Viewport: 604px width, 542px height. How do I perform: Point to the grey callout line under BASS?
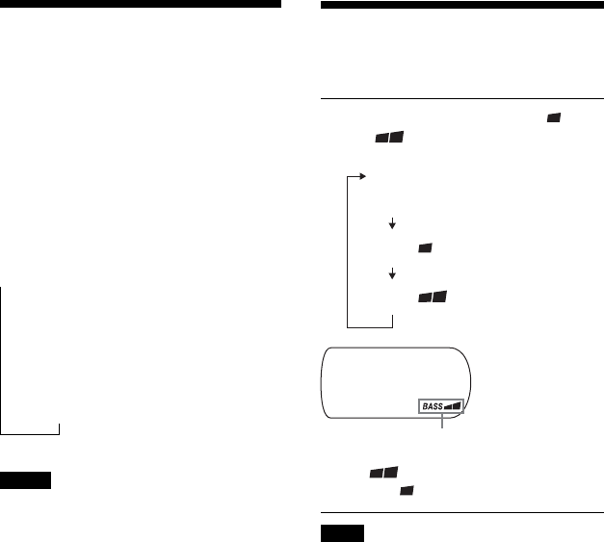442,424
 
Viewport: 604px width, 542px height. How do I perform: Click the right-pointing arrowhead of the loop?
362,176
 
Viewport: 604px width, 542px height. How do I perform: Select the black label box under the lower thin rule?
341,533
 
